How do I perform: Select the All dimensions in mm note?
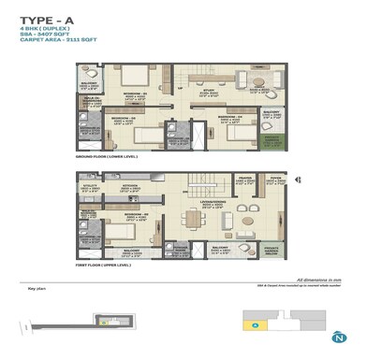click(315, 280)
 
